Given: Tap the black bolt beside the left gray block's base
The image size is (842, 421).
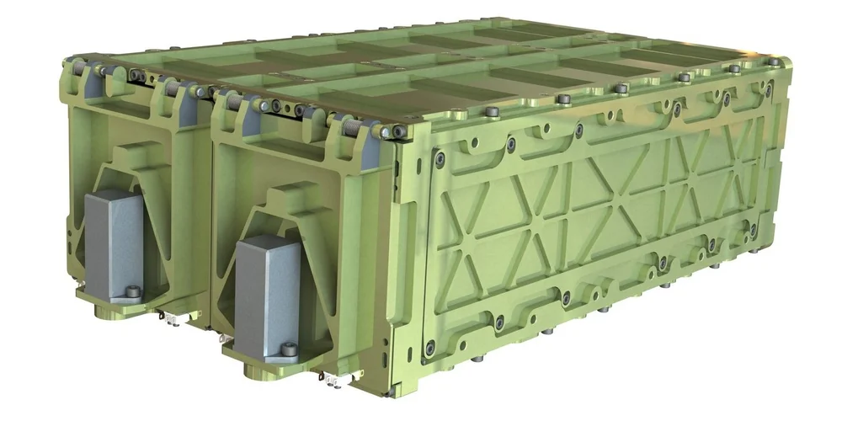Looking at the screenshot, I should tap(131, 293).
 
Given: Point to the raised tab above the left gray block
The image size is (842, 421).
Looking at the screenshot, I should tap(125, 152).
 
